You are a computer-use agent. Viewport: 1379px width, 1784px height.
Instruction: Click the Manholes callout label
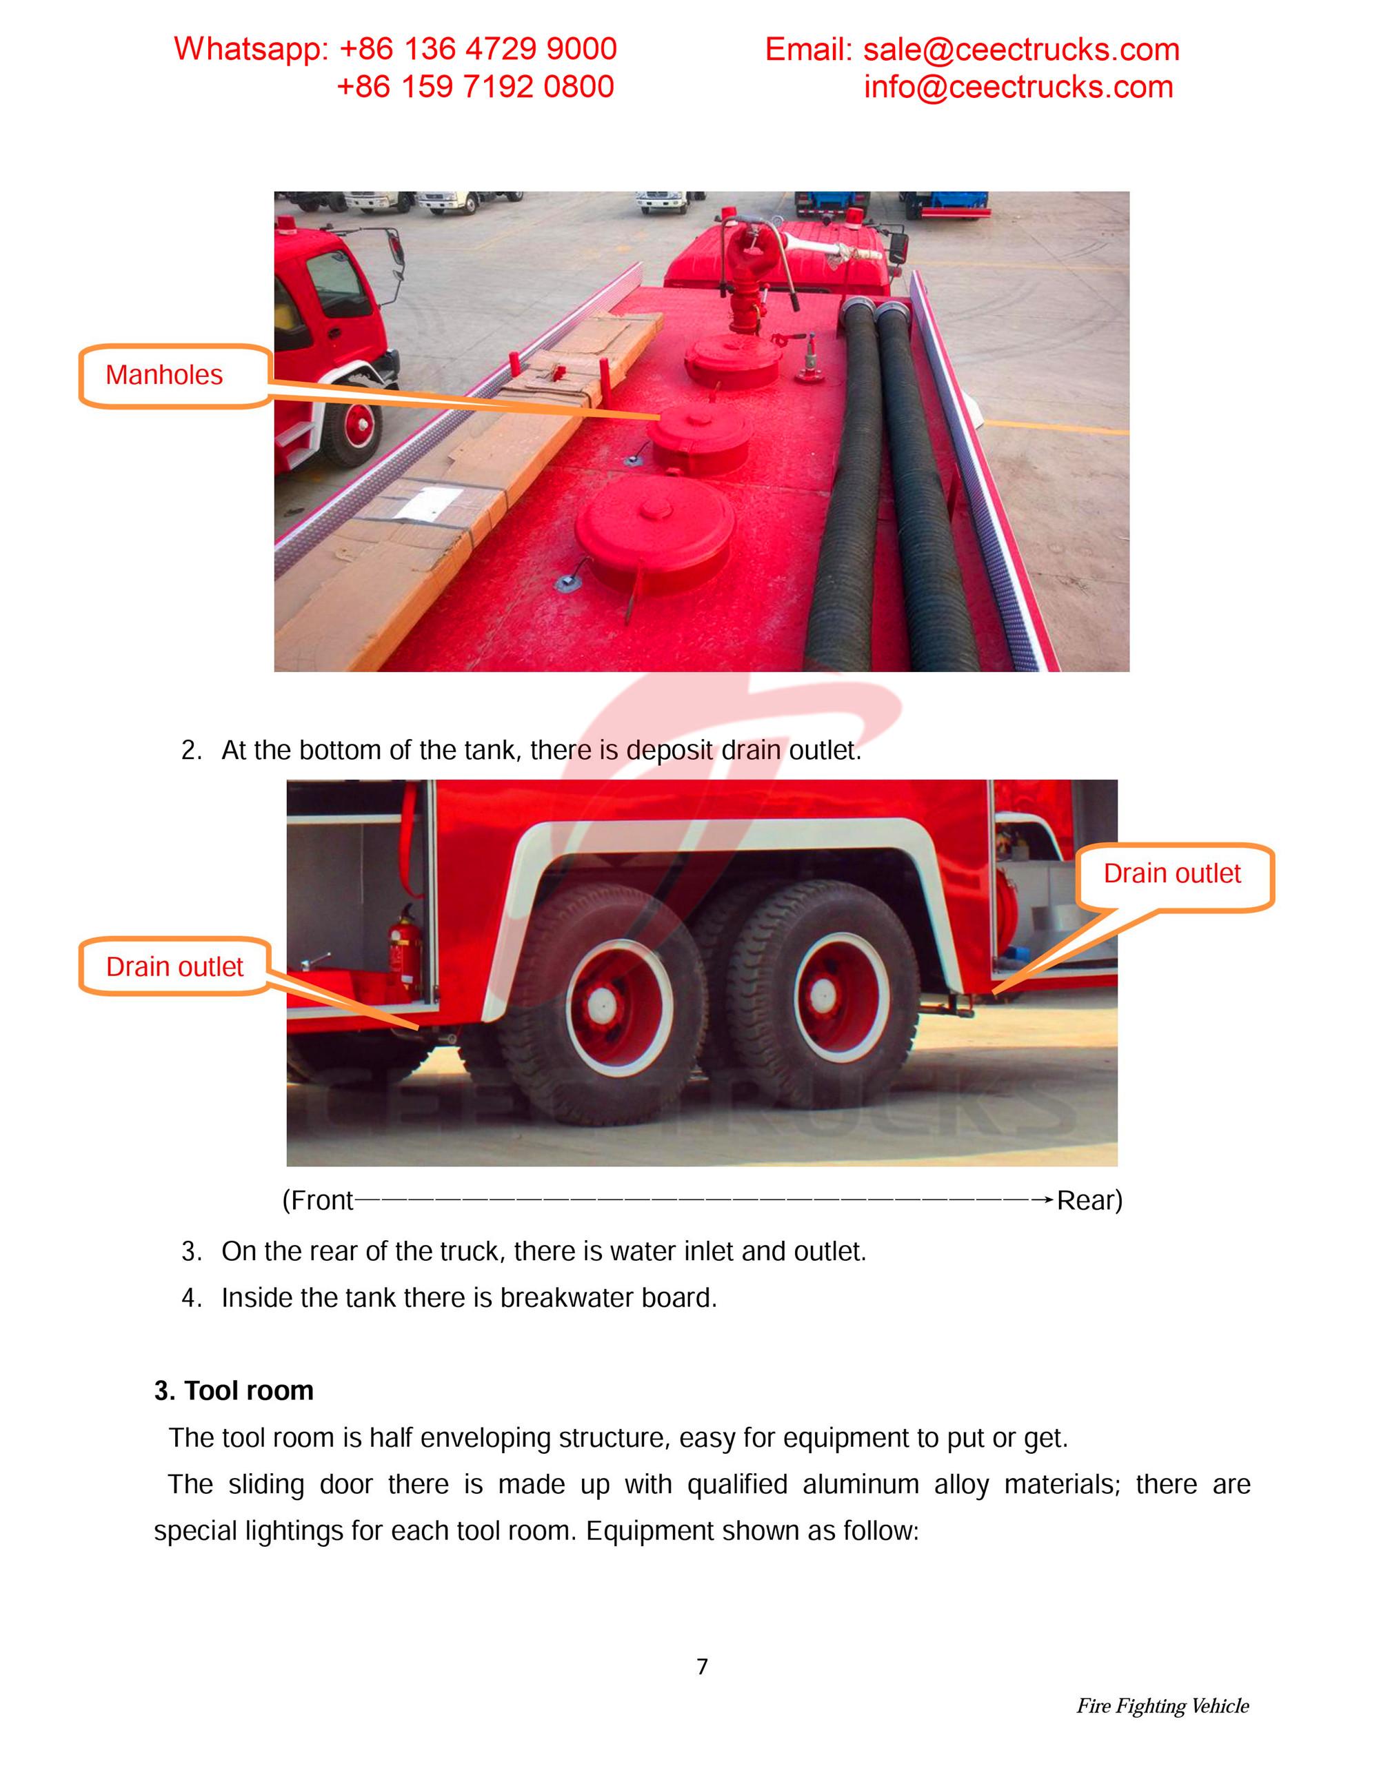point(164,375)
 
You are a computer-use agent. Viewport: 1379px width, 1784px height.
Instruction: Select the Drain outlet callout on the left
point(174,967)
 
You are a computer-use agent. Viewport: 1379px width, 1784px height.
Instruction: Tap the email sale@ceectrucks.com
point(1021,50)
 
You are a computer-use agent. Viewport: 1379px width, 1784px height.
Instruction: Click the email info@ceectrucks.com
point(1018,88)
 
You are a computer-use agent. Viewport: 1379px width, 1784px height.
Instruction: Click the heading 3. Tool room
point(234,1390)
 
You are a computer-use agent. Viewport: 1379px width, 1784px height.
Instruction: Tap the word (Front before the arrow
point(318,1200)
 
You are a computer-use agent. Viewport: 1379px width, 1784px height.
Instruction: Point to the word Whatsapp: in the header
point(250,49)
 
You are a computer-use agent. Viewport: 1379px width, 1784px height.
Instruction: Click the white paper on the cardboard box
point(425,503)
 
